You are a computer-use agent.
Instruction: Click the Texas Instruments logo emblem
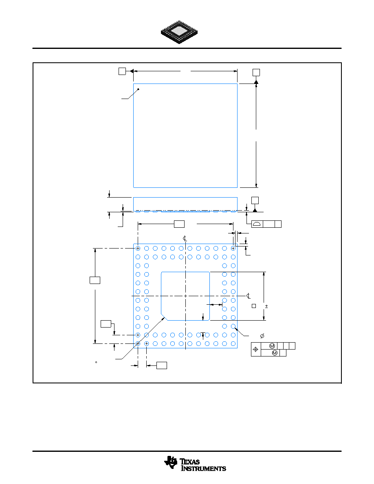(x=171, y=462)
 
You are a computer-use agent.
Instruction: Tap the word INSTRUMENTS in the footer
(x=203, y=469)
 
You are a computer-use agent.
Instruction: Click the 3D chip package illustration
(x=179, y=32)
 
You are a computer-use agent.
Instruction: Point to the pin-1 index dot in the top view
(x=138, y=89)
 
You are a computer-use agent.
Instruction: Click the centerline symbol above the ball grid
(x=185, y=238)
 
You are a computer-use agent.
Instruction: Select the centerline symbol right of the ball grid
(x=249, y=296)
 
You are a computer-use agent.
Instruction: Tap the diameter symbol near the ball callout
(x=262, y=336)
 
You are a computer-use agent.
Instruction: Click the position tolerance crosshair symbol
(x=255, y=350)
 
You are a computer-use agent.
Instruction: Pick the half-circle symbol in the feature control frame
(x=257, y=224)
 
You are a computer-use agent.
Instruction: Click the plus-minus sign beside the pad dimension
(x=266, y=306)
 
